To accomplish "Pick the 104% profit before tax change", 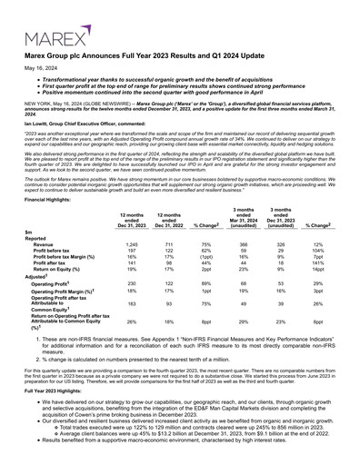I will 319,252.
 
